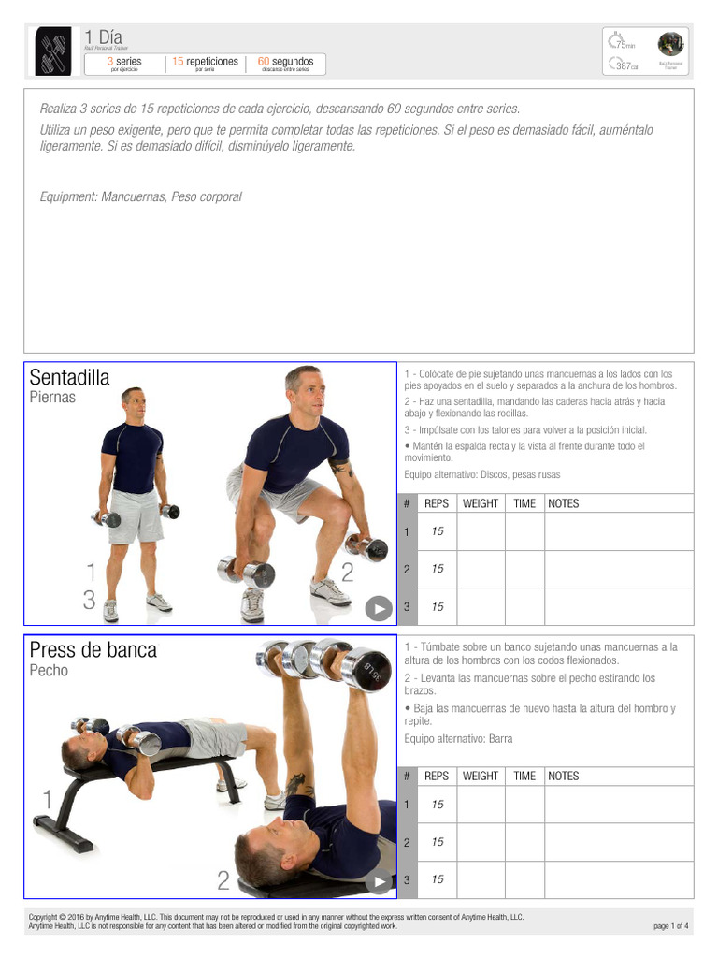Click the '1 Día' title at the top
103,36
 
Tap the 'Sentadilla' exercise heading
69,378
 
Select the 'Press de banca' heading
93,650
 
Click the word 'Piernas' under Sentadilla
52,398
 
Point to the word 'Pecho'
49,671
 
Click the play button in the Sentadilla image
378,608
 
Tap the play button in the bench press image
378,881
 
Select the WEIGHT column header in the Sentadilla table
481,503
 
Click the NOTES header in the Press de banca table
563,776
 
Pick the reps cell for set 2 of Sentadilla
438,569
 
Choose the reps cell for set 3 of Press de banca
438,879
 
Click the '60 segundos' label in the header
285,62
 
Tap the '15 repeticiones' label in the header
205,62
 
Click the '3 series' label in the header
124,62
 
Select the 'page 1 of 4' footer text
671,926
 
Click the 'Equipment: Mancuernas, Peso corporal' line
140,196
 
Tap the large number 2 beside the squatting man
347,573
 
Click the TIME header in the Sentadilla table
524,503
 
